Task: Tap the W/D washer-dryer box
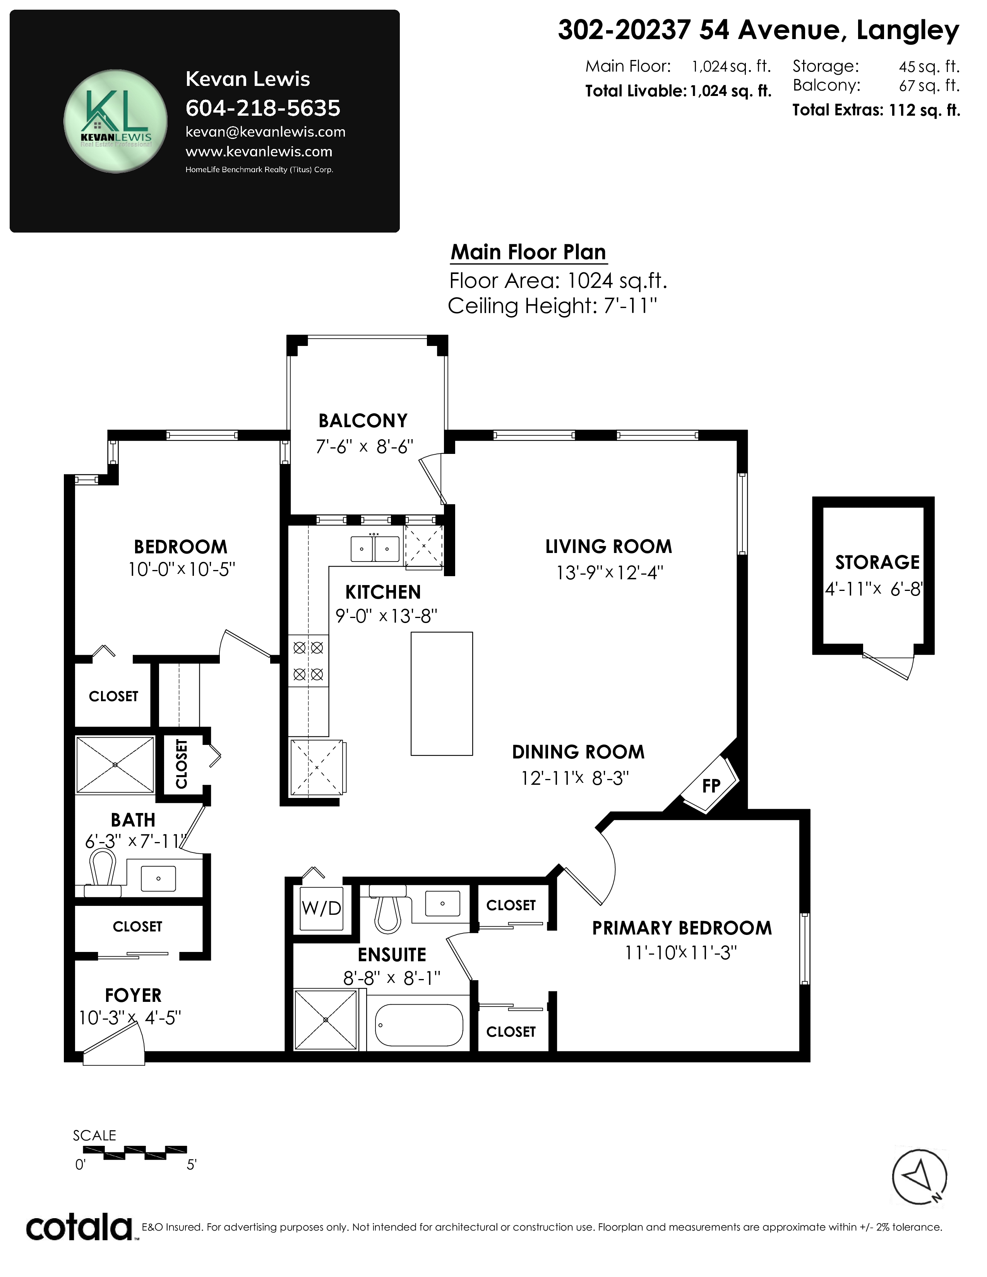(321, 908)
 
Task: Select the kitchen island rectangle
(442, 693)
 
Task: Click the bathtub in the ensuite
(419, 1025)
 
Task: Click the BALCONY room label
(363, 420)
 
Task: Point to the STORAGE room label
(877, 563)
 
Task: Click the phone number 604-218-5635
(262, 108)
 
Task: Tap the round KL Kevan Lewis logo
(115, 122)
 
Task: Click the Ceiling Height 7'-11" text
(552, 306)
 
